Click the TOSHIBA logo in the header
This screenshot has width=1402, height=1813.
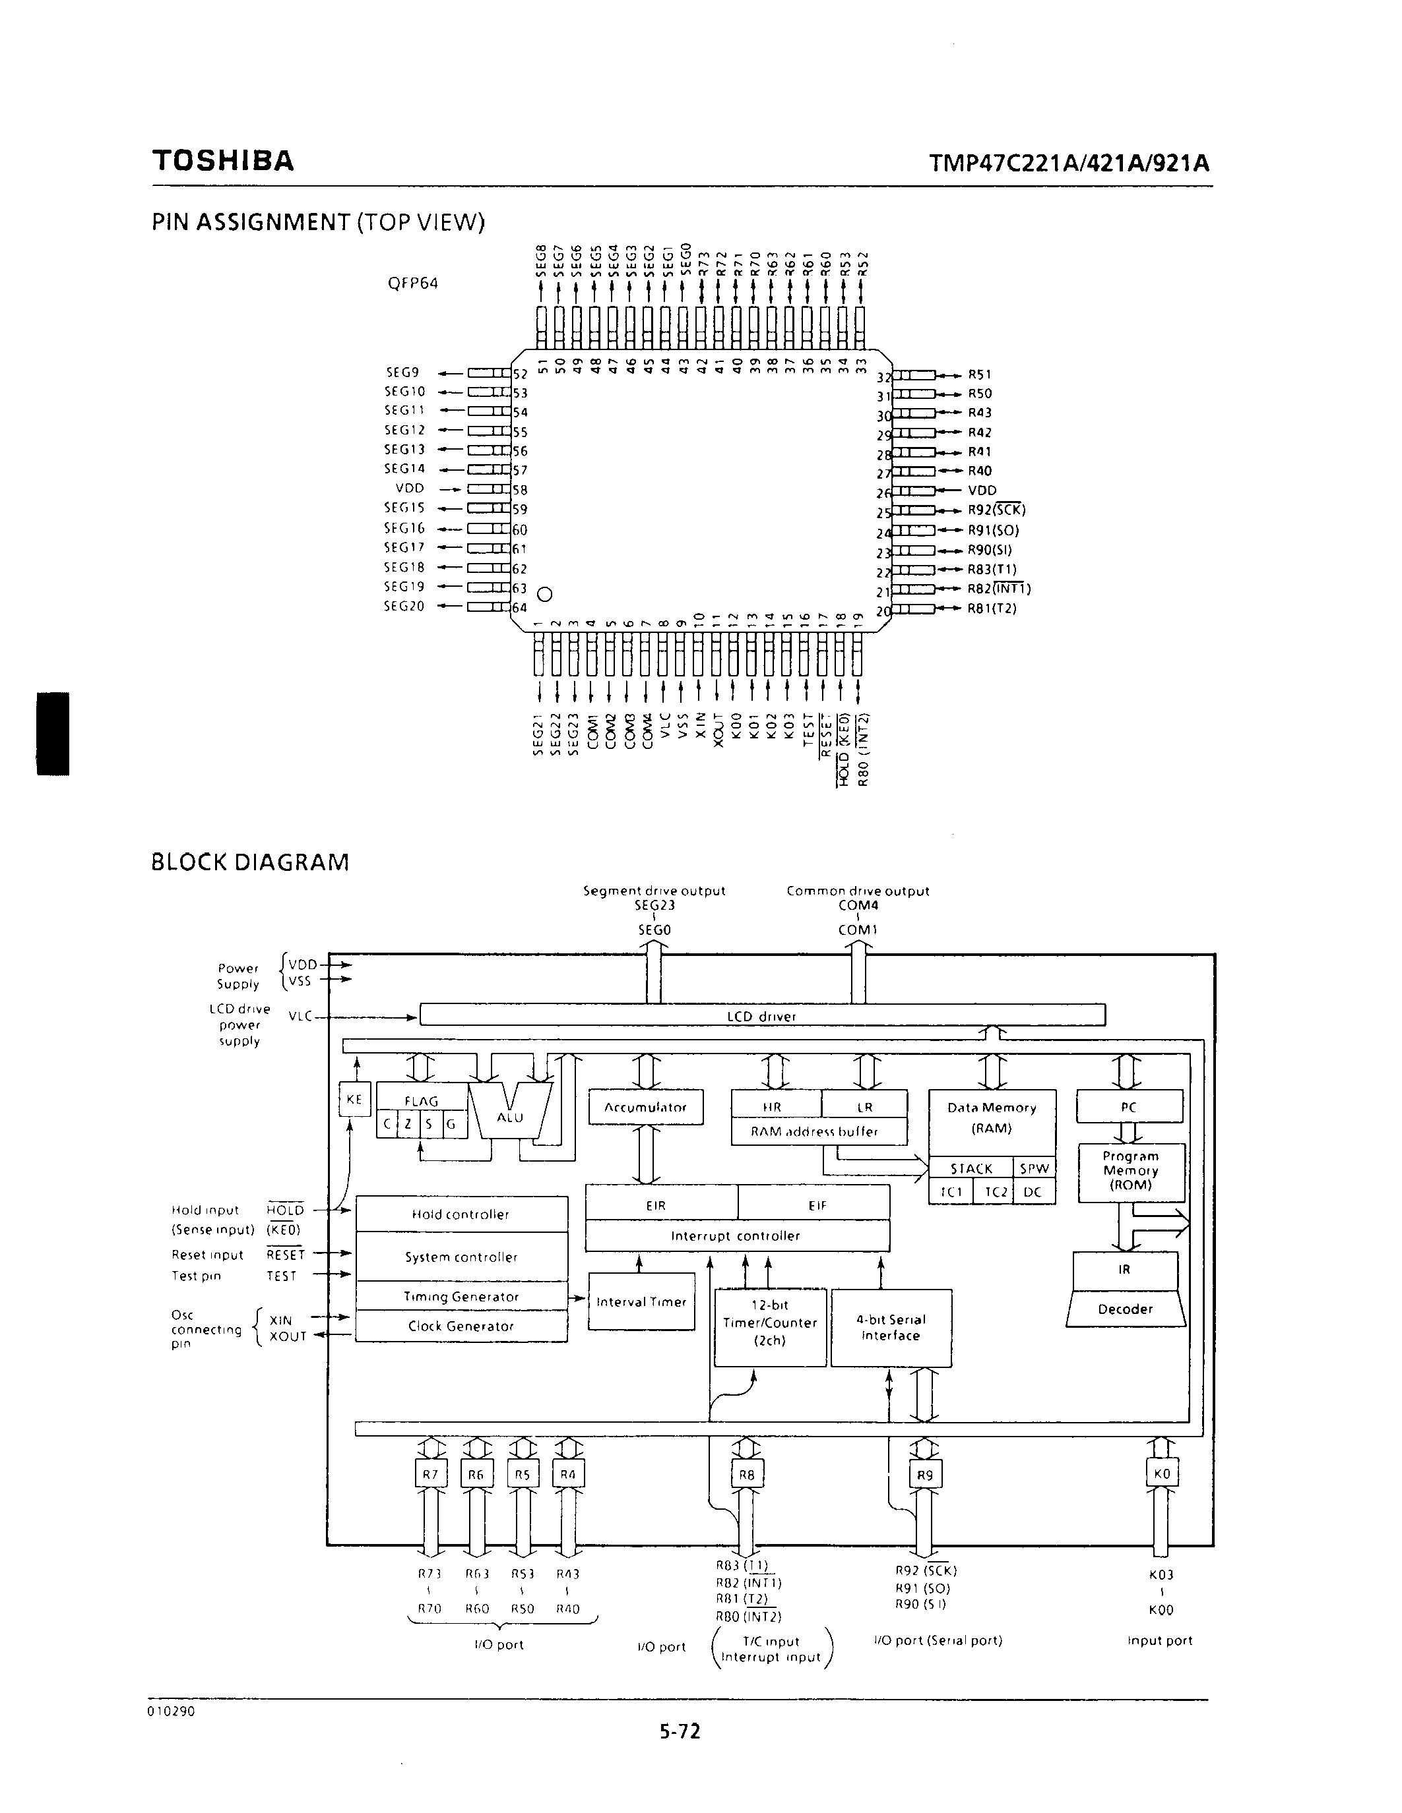coord(222,161)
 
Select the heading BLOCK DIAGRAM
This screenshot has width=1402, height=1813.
coord(250,862)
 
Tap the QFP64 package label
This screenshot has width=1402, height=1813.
coord(413,283)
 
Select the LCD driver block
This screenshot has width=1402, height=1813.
coord(761,1016)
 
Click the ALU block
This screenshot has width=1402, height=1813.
coord(510,1117)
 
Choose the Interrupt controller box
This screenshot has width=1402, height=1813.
coord(736,1236)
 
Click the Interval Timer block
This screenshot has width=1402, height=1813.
coord(641,1301)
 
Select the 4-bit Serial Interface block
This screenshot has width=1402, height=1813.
coord(891,1327)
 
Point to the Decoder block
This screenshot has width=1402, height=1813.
coord(1126,1309)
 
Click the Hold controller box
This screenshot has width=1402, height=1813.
coord(461,1214)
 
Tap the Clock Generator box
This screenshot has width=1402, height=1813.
coord(461,1326)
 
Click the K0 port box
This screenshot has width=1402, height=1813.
coord(1161,1474)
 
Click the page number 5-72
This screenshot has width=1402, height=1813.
coord(680,1731)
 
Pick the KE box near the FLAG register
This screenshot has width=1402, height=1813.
coord(354,1100)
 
